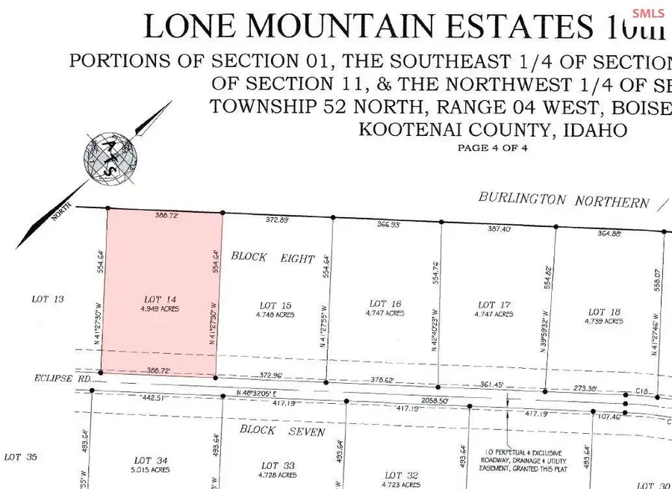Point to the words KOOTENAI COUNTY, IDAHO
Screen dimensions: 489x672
coord(493,130)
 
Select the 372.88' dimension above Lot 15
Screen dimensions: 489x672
coord(278,220)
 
